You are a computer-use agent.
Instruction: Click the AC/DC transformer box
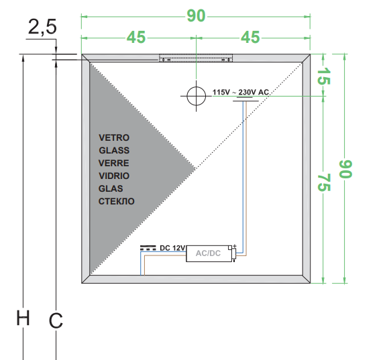209,253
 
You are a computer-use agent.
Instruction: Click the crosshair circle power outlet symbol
197,96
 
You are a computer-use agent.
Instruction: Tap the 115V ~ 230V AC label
241,93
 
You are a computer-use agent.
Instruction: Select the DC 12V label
172,248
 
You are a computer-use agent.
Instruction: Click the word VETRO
114,137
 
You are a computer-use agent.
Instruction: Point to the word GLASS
114,150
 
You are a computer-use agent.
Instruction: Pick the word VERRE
113,163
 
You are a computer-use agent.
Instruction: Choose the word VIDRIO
114,176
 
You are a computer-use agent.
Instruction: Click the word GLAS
111,188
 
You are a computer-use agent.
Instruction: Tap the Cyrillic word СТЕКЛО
116,201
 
